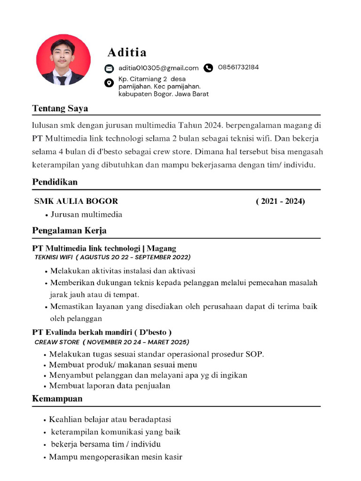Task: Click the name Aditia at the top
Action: coord(126,52)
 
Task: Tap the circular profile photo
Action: coord(63,59)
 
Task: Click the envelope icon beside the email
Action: coord(109,68)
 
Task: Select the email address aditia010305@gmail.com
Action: coord(158,68)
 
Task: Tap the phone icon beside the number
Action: coord(209,68)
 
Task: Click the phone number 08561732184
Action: coord(238,67)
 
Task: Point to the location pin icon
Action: coord(109,83)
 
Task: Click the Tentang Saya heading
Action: coord(60,109)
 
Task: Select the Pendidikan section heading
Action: coord(55,182)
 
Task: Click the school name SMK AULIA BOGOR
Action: coord(76,201)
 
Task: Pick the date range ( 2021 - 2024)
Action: coord(280,201)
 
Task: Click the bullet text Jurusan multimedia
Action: coord(86,214)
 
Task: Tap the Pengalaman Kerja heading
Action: coord(69,230)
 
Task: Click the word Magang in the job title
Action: coord(161,248)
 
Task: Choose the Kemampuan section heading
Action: coord(57,398)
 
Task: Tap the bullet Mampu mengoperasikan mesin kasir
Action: coord(116,457)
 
